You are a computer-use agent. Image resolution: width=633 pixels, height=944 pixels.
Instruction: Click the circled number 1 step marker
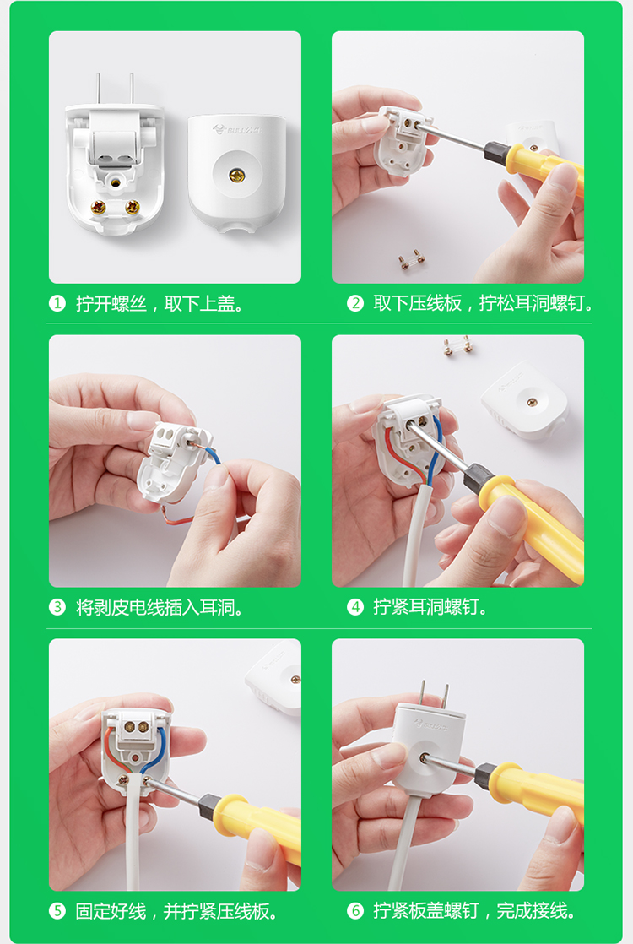point(57,303)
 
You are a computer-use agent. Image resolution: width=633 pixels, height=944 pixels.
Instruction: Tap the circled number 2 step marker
point(355,303)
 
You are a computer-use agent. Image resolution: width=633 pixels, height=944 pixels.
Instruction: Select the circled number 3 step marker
point(57,607)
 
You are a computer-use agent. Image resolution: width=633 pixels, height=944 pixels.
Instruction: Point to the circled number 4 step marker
point(355,606)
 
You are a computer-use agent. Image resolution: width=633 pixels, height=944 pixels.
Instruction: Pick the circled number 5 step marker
point(57,911)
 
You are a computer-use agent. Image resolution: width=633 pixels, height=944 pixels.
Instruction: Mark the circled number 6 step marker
point(355,911)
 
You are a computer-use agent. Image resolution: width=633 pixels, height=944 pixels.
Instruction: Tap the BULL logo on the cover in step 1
point(237,129)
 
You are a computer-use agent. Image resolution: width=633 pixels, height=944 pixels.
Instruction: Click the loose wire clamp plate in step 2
point(411,259)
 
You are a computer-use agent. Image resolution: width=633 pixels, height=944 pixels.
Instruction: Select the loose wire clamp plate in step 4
point(457,346)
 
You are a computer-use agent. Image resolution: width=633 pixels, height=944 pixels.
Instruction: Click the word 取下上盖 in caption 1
point(199,304)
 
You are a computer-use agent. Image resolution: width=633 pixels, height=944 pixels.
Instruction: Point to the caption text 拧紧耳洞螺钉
point(426,607)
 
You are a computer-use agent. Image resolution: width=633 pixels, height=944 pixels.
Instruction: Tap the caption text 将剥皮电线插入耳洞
point(155,607)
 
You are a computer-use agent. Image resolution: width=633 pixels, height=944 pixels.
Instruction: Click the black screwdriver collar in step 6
point(484,775)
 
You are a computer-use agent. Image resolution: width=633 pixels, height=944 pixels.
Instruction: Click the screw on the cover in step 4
point(532,402)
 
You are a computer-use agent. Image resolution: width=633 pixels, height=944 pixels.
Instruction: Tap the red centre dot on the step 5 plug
point(137,757)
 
